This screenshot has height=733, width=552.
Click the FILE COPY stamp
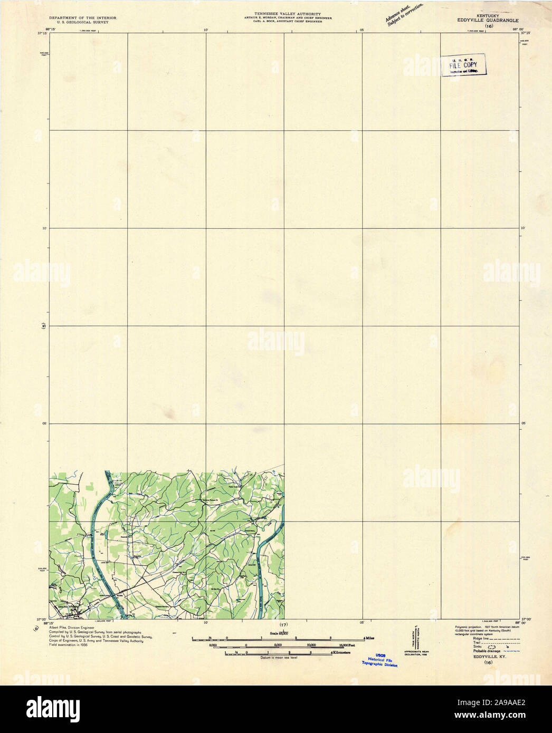[463, 65]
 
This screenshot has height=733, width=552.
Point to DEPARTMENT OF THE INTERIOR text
[83, 18]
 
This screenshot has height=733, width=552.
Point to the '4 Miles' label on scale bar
[369, 638]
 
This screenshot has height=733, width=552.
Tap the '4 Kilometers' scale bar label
[340, 653]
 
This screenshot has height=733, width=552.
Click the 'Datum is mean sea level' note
[278, 658]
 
